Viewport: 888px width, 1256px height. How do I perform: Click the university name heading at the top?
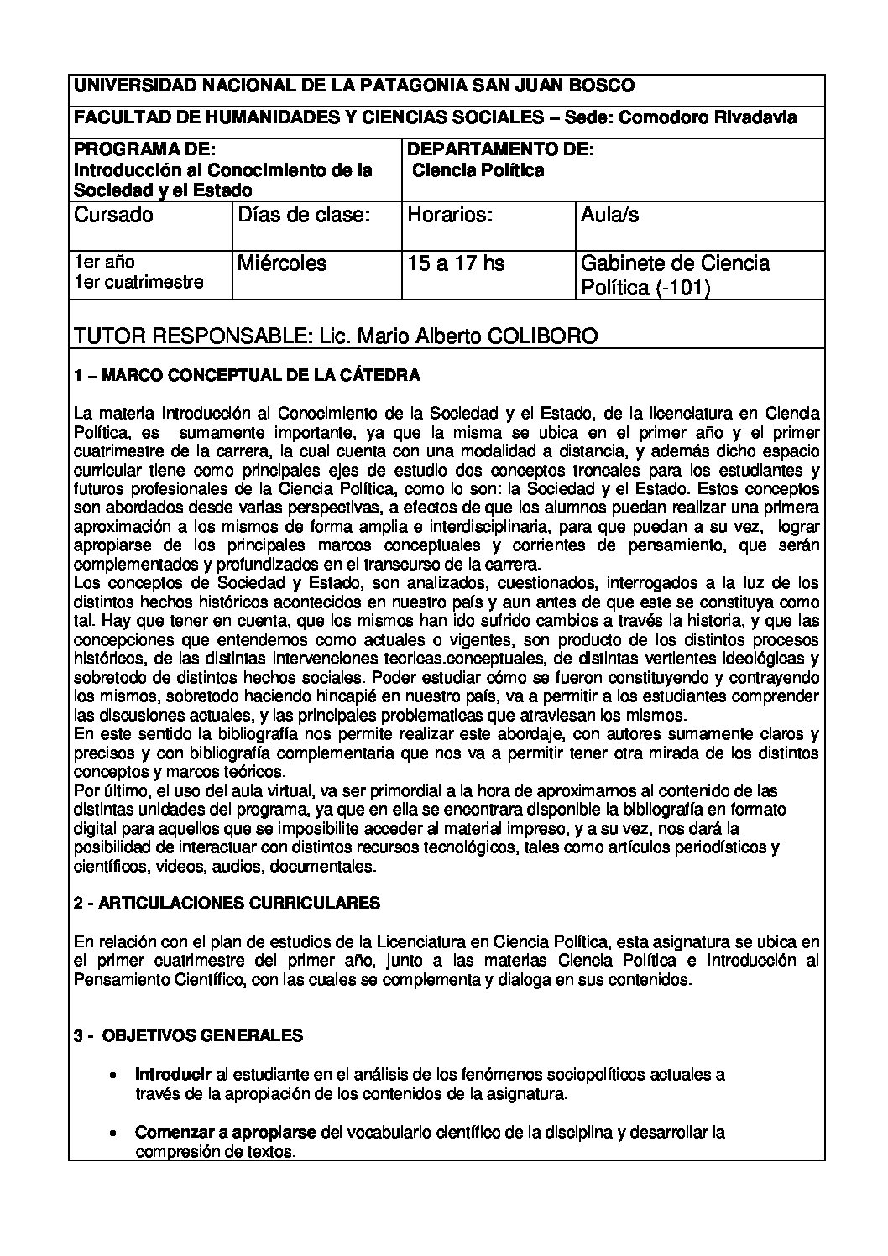[354, 86]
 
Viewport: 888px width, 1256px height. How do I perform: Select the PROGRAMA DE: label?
[145, 149]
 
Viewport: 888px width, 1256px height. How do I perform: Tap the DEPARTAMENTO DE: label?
[499, 149]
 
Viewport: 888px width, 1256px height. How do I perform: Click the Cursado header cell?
[114, 215]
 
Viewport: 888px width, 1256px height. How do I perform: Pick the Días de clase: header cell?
[304, 215]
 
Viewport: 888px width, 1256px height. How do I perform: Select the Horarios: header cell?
[449, 215]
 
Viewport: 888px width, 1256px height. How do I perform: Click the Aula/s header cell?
[609, 215]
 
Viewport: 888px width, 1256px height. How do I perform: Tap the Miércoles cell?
[282, 263]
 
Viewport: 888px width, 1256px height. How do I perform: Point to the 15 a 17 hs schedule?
[456, 263]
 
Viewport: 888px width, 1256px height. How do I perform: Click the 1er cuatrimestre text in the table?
[139, 282]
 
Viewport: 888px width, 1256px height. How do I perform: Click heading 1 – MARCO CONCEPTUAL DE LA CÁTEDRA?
[247, 376]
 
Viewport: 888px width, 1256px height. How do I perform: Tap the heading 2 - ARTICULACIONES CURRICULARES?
[227, 903]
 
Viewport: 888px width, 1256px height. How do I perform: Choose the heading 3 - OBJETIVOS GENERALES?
[188, 1035]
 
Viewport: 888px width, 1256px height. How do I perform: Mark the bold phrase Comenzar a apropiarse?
[226, 1133]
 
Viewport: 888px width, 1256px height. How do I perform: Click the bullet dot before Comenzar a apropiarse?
[113, 1134]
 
